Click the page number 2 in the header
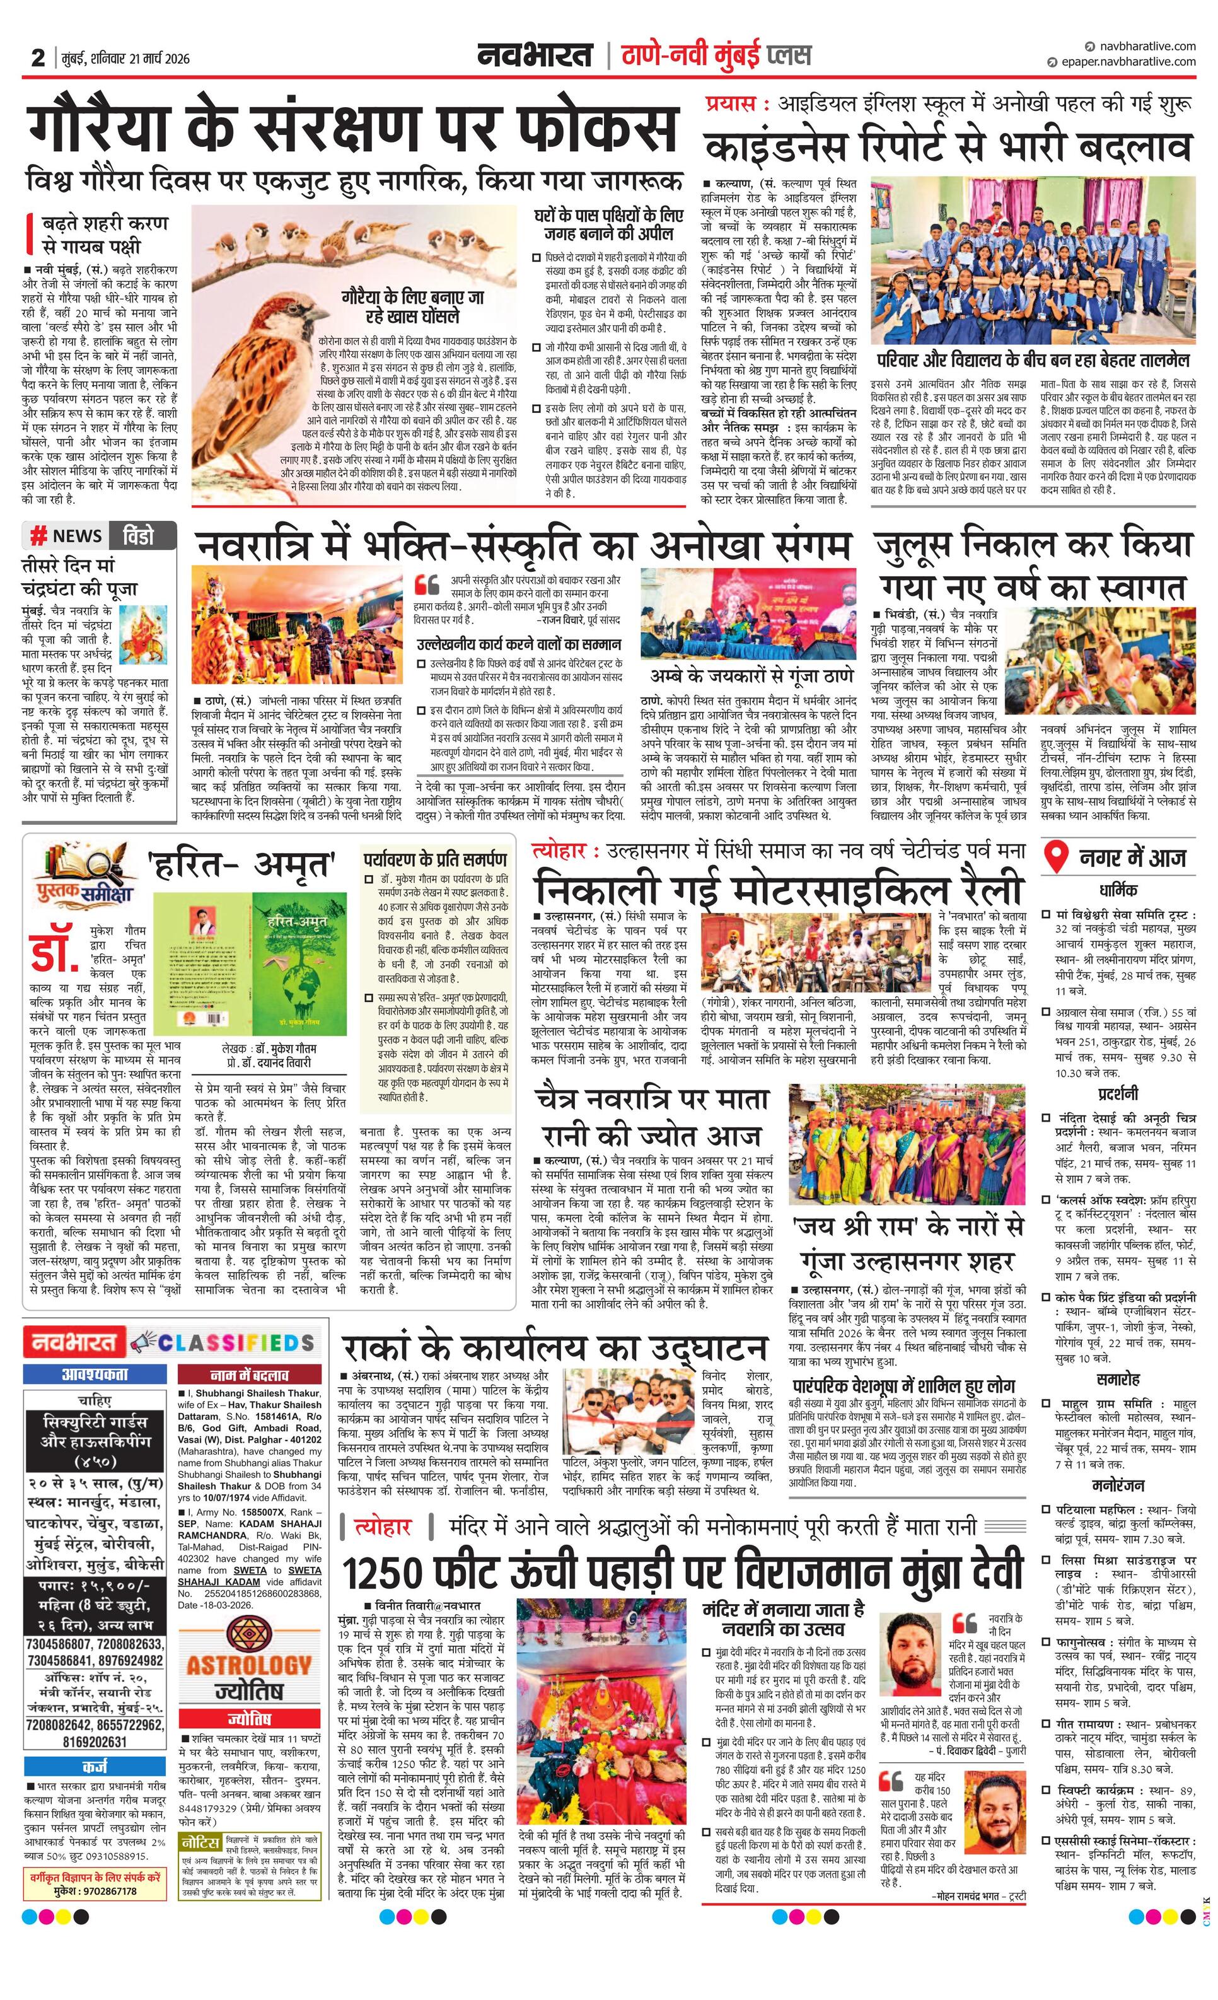click(x=38, y=57)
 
